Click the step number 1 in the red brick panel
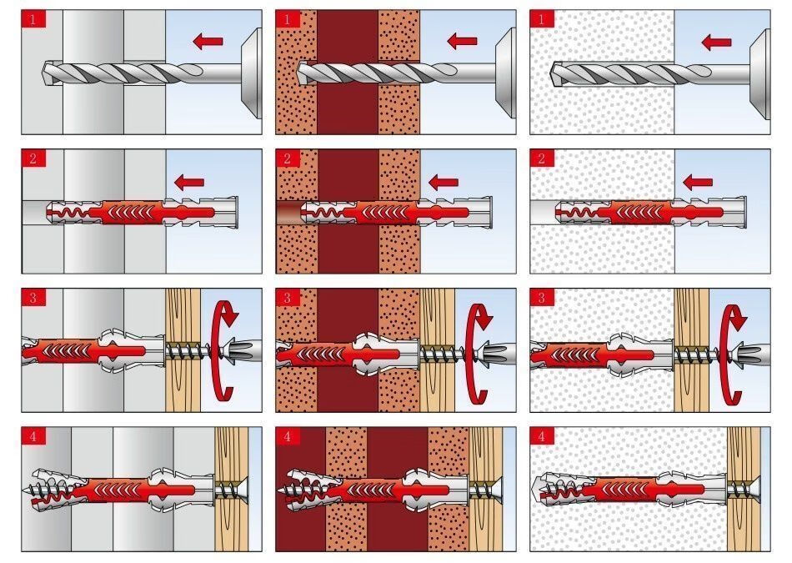[288, 19]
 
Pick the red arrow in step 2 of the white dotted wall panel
[698, 181]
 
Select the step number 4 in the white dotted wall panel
[542, 437]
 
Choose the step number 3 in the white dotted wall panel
[542, 298]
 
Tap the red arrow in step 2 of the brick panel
[444, 181]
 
